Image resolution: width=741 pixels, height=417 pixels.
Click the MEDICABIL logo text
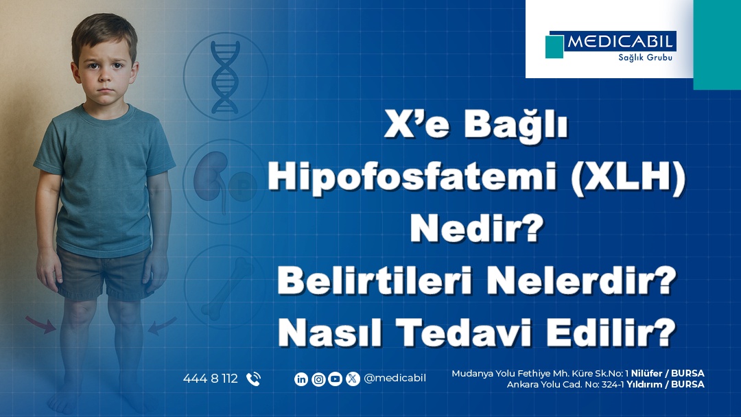(620, 42)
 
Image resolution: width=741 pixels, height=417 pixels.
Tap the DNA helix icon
(225, 77)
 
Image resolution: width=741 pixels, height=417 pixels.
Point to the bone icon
(228, 287)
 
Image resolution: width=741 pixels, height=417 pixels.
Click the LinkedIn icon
(301, 379)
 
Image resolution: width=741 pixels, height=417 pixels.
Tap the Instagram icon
(318, 379)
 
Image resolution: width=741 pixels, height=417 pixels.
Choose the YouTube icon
(335, 379)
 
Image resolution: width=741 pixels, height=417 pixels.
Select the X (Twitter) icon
(353, 379)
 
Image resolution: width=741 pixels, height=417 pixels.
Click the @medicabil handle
(395, 379)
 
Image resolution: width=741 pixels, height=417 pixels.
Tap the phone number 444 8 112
(211, 379)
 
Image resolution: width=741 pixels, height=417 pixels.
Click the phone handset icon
(253, 379)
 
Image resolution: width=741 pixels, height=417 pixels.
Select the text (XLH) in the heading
(628, 178)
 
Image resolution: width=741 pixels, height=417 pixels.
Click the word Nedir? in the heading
(477, 228)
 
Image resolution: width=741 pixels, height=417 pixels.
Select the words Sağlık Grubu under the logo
(645, 58)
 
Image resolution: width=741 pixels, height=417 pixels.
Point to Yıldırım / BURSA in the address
(666, 384)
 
